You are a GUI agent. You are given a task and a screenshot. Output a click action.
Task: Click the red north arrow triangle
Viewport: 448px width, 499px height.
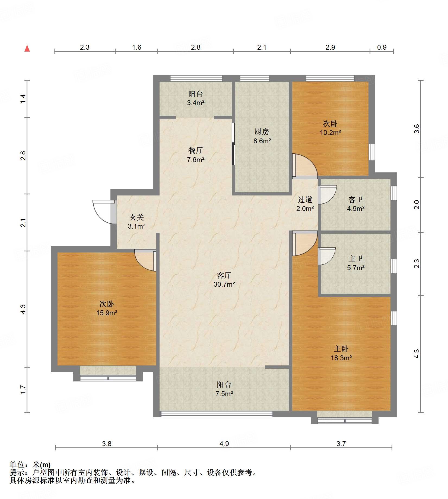tap(27, 48)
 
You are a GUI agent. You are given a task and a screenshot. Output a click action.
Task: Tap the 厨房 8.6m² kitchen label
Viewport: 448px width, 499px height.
tap(262, 136)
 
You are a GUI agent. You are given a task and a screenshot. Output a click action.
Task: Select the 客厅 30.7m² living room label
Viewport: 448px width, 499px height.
tap(224, 280)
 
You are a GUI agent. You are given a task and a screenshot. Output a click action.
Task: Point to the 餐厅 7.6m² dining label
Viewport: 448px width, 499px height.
tap(196, 155)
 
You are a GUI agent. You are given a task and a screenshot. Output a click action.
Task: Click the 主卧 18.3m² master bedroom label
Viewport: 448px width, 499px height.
tap(341, 353)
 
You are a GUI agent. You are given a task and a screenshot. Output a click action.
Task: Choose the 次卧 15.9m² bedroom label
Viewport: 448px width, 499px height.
tap(107, 308)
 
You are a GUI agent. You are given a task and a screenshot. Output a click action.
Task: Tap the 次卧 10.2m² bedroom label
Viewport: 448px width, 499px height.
tap(330, 128)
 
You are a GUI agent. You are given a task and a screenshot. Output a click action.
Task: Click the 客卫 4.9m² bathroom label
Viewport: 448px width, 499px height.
tap(356, 204)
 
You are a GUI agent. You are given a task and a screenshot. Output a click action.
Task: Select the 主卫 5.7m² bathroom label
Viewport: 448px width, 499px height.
tap(356, 263)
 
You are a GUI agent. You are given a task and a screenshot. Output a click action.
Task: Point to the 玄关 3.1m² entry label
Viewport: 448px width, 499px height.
tap(136, 222)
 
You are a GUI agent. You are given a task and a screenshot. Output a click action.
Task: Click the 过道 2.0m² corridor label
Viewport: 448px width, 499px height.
tap(305, 204)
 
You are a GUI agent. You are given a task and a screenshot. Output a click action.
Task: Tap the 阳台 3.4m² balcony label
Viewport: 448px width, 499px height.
tap(196, 98)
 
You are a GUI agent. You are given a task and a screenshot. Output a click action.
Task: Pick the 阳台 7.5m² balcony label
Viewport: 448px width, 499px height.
tap(224, 389)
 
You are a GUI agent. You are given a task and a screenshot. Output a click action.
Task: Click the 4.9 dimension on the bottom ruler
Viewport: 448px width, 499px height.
tap(224, 444)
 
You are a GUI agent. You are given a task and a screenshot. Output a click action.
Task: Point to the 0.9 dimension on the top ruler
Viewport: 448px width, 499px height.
tap(382, 47)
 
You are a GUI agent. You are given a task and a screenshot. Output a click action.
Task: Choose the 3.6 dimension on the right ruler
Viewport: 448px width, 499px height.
tap(417, 129)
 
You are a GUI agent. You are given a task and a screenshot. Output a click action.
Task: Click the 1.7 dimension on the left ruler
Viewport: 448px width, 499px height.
tap(23, 390)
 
